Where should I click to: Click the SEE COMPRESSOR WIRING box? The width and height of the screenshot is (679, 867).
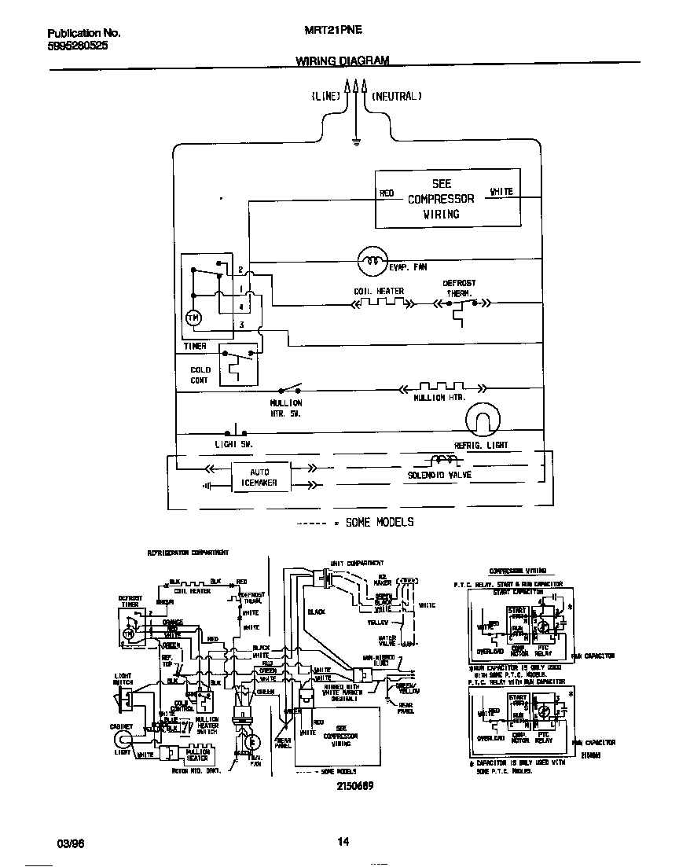(446, 198)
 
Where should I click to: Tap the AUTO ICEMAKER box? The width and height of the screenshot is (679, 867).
(259, 477)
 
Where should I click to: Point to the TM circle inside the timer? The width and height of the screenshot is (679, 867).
(193, 317)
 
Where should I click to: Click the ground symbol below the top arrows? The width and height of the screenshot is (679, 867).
(355, 141)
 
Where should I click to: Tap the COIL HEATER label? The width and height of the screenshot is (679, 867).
(378, 292)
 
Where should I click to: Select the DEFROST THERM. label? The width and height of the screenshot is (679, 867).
(458, 288)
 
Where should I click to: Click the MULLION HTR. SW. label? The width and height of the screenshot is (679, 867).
(285, 408)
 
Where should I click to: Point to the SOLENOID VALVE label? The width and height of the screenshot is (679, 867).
(439, 476)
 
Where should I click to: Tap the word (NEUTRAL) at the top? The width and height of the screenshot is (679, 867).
(396, 96)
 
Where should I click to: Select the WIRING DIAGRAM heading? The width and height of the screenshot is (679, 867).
(342, 61)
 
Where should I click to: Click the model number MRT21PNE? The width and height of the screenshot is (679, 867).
(330, 34)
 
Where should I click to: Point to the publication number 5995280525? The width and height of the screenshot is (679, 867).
(78, 46)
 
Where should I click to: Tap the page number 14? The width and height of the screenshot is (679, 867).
(343, 842)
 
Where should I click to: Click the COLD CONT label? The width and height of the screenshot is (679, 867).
(200, 375)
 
